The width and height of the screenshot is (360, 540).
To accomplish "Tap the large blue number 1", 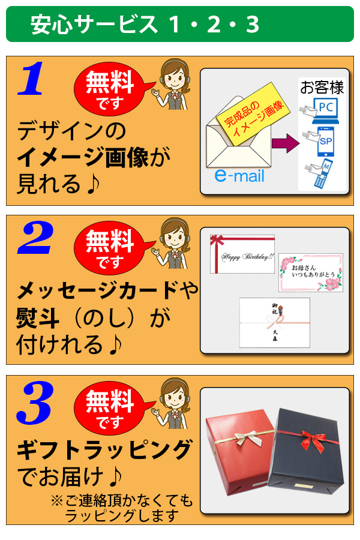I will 31,79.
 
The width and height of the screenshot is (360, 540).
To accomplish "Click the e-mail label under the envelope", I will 239,176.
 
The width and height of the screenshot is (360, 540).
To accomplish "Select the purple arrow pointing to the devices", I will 284,143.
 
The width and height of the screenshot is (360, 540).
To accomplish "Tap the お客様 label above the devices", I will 322,88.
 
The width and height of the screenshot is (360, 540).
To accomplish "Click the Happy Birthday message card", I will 242,254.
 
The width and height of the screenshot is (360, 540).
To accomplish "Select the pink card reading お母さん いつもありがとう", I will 310,272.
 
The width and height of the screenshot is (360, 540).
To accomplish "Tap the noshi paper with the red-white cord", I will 274,322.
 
